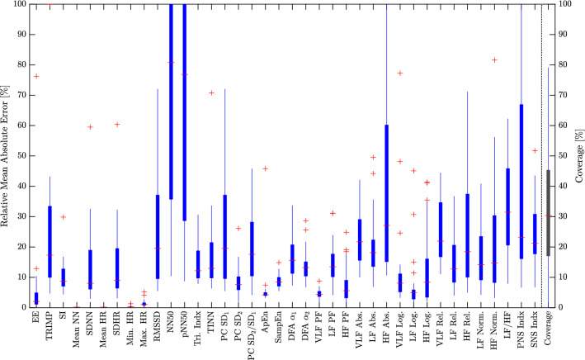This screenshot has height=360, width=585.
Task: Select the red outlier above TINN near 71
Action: click(211, 92)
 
